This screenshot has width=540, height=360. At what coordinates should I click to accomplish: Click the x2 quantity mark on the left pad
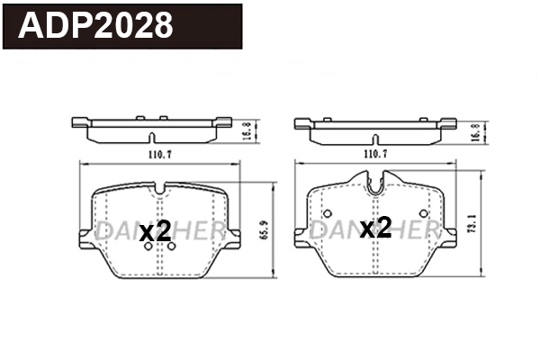point(156,231)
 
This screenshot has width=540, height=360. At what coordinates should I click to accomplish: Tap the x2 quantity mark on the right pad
point(375,229)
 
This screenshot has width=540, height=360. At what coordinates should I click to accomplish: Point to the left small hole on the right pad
point(326,213)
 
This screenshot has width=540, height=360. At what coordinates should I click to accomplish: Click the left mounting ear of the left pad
point(86,235)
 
